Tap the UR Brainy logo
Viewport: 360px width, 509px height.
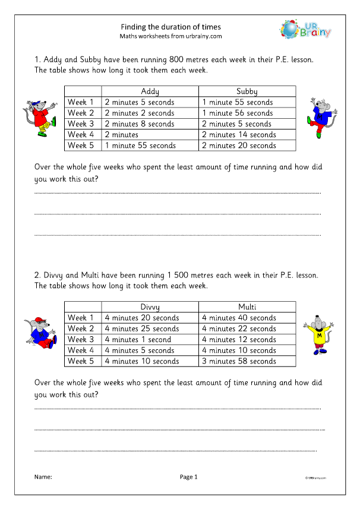(x=305, y=29)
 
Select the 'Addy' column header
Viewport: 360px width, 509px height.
(x=150, y=91)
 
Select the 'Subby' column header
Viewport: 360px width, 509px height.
(x=247, y=91)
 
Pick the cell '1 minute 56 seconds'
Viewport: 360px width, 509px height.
(x=238, y=113)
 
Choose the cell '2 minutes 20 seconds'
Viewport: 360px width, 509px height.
(x=239, y=145)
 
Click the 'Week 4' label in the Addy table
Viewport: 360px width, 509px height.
(x=81, y=134)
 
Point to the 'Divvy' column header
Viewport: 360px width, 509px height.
(x=150, y=307)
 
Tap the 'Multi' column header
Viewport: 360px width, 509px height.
(x=247, y=307)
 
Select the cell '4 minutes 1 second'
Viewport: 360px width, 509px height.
(x=138, y=340)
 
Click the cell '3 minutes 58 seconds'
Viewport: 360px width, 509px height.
(x=239, y=361)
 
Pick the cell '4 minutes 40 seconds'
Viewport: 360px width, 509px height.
(x=239, y=318)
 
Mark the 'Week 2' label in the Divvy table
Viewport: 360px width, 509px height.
(x=81, y=328)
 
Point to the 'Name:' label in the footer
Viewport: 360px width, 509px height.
(x=43, y=476)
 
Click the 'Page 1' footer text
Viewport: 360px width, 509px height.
(x=188, y=476)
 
